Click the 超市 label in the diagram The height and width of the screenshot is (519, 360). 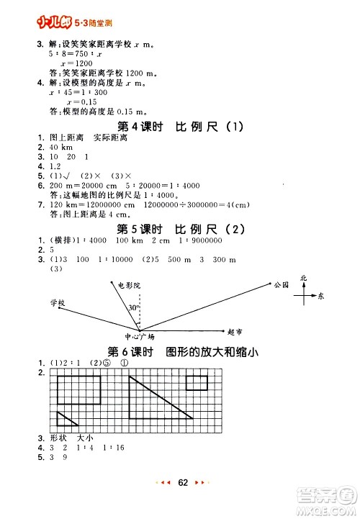click(x=234, y=332)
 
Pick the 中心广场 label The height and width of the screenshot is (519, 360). click(x=139, y=336)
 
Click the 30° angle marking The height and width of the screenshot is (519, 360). click(x=134, y=308)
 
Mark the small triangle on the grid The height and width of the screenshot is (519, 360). click(x=66, y=420)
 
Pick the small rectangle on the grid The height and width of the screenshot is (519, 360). click(x=197, y=382)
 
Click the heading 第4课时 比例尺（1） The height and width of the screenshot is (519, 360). click(x=180, y=128)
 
